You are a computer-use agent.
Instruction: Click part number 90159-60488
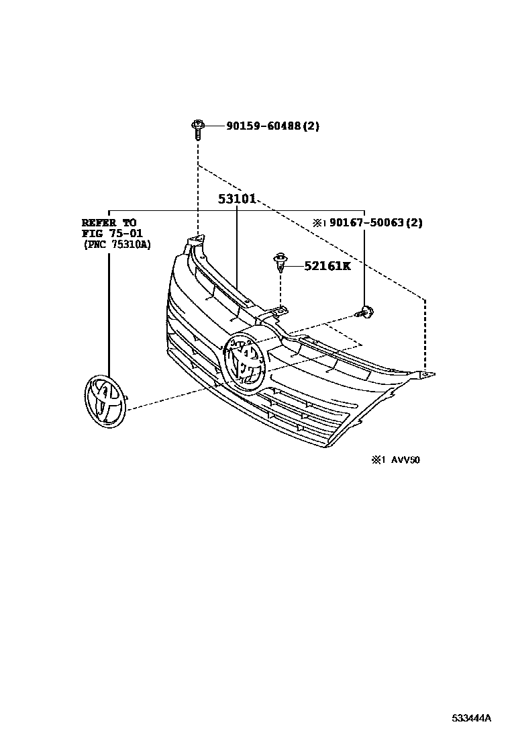[263, 126]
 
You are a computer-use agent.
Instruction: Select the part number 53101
[237, 200]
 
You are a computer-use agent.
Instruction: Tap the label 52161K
[327, 266]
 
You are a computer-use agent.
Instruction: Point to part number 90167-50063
[366, 222]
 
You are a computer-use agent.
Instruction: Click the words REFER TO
[109, 222]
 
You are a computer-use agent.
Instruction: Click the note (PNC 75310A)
[117, 245]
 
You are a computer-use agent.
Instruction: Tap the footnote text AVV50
[406, 460]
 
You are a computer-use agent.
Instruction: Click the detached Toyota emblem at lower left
[104, 400]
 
